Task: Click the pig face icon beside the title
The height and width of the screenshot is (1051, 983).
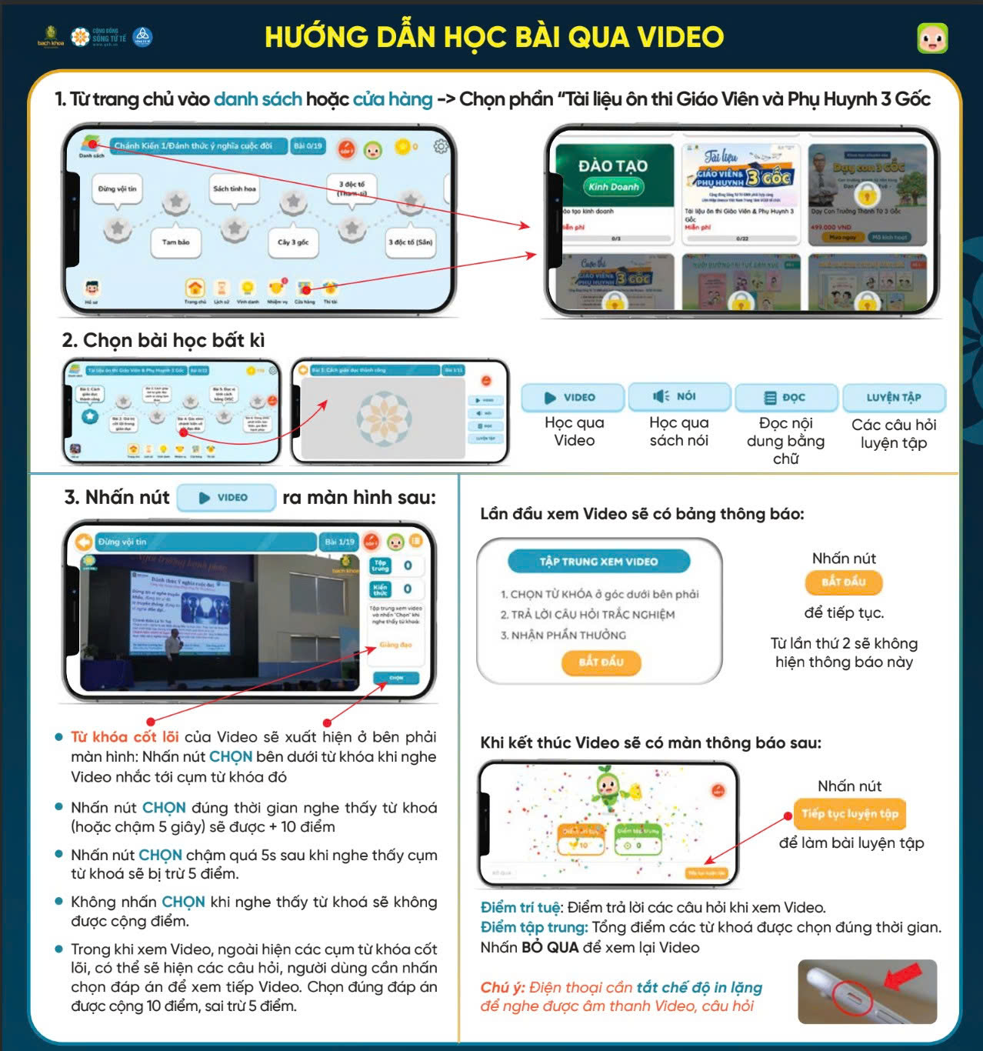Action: (x=932, y=38)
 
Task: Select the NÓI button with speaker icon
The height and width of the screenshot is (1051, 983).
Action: (x=678, y=396)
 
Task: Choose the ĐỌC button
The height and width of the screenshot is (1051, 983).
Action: (x=785, y=398)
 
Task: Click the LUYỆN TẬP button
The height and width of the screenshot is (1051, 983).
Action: (x=893, y=398)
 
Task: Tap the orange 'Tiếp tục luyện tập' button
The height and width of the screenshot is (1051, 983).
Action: (x=849, y=814)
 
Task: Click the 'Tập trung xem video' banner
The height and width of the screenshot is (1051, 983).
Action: (x=598, y=562)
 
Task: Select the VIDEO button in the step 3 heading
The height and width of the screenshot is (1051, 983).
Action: (x=225, y=498)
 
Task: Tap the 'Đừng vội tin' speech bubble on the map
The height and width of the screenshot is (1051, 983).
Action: (x=117, y=189)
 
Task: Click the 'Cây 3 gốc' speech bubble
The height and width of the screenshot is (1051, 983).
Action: (x=293, y=242)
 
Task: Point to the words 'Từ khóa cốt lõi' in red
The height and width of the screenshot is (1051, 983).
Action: (x=125, y=737)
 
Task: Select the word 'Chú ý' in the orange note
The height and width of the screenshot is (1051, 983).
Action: (x=501, y=987)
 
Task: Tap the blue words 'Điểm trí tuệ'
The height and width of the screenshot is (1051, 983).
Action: (x=520, y=908)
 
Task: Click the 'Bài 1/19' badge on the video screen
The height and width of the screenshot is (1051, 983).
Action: (x=339, y=542)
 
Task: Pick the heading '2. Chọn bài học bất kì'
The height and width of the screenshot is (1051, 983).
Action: (x=163, y=341)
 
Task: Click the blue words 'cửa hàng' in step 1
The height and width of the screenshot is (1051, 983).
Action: (x=392, y=100)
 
